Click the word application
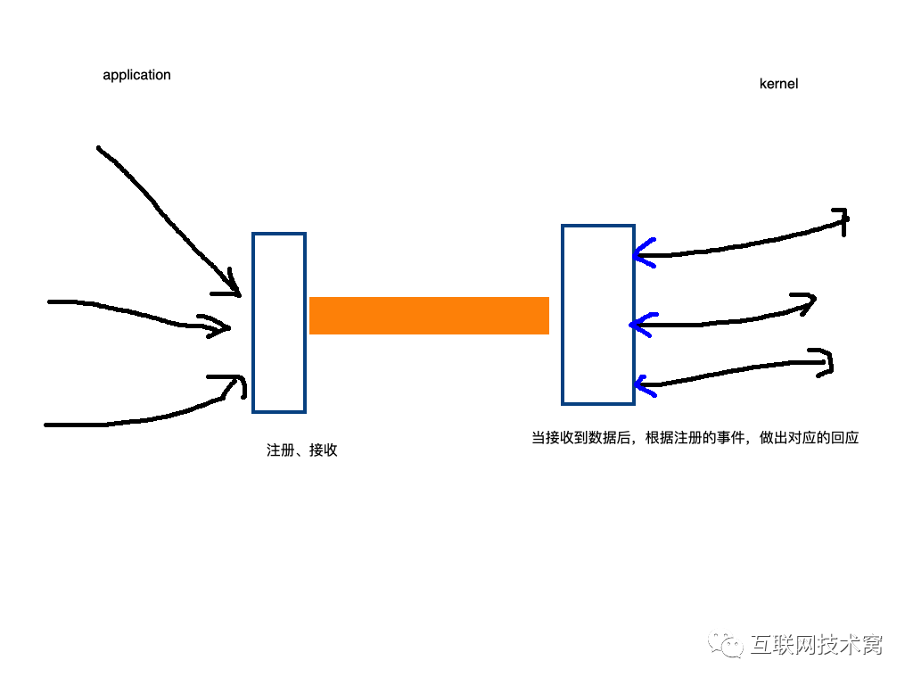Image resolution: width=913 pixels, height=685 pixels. (136, 76)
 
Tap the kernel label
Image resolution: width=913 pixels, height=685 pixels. (778, 84)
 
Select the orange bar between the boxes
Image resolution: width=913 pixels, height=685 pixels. (429, 316)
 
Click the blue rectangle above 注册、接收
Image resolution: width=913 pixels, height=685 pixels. (279, 323)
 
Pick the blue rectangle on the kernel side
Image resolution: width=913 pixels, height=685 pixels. (598, 314)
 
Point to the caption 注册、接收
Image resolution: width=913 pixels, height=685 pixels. (301, 450)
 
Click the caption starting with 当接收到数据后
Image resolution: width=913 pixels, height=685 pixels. (695, 438)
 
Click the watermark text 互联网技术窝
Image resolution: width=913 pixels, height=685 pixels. (817, 644)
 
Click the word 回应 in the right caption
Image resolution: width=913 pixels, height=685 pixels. (843, 438)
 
